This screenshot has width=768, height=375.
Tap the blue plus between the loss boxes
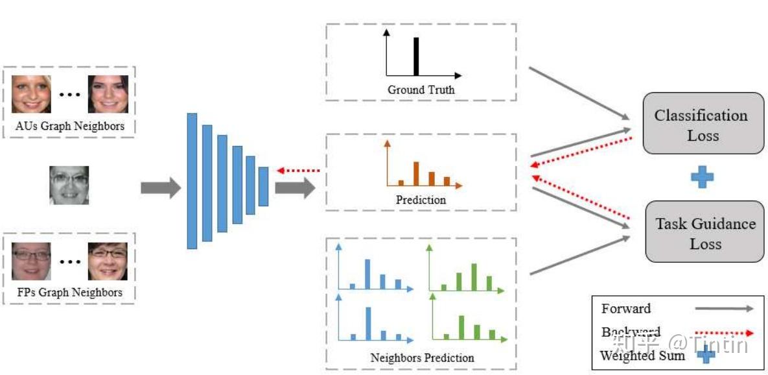702,177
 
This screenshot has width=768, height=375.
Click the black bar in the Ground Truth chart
416,56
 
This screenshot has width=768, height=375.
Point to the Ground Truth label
421,90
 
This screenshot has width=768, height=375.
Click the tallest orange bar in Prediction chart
416,174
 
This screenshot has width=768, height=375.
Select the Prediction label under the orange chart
421,200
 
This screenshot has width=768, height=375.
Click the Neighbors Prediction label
422,357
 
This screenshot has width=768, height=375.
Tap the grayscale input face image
69,185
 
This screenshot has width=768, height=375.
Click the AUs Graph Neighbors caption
69,127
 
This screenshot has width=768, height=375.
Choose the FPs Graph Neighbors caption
69,292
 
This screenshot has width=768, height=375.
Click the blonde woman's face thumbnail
31,94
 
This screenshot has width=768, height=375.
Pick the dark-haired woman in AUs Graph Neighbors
108,94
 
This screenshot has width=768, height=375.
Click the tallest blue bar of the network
192,181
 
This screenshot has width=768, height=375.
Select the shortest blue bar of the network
263,187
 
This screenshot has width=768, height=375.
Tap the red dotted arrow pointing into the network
298,171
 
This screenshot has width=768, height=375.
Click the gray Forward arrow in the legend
724,309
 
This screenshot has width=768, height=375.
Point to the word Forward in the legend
625,309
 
